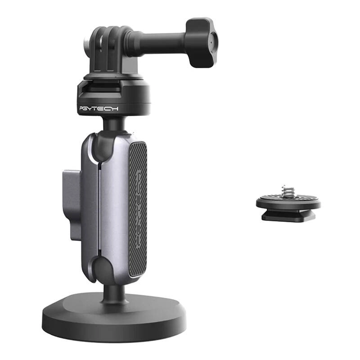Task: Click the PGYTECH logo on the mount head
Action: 99,108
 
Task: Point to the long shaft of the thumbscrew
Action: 162,42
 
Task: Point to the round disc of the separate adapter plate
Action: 288,202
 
